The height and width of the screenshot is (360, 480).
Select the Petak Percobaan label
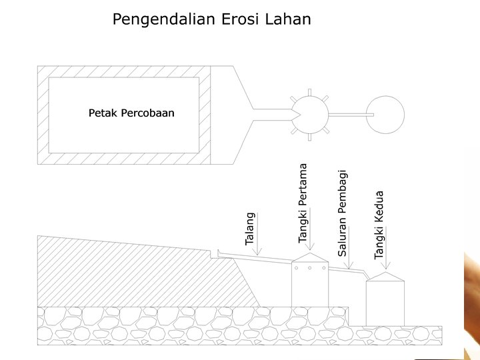[x=131, y=113]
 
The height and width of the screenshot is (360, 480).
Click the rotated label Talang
[x=251, y=229]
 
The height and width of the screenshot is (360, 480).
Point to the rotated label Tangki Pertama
[x=303, y=203]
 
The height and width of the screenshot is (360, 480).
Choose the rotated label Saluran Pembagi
[x=343, y=213]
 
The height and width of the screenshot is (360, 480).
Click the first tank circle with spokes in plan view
[x=309, y=114]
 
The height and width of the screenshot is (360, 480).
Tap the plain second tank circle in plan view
[x=385, y=114]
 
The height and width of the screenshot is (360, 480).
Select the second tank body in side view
[x=385, y=301]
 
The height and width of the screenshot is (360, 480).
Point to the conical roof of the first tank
[x=310, y=257]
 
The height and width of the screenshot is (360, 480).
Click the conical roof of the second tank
[x=385, y=275]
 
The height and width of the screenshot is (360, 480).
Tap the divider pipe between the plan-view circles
[x=349, y=115]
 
